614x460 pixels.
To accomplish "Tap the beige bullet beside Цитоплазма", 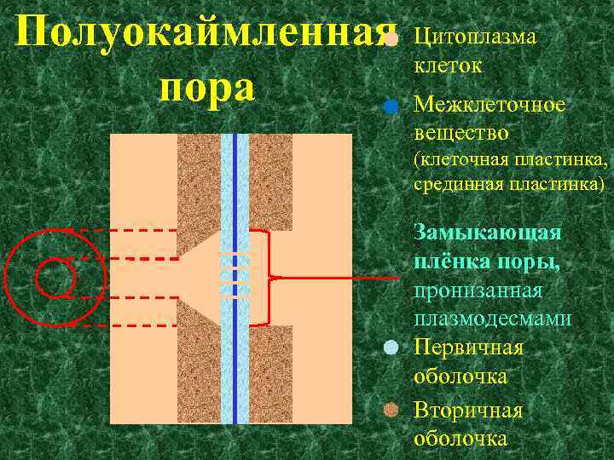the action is (390, 39).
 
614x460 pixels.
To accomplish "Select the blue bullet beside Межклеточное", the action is (390, 107).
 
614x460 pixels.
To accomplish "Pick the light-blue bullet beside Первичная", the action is (391, 347).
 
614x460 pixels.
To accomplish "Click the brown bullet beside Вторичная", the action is (391, 410).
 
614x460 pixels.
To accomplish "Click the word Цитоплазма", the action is (474, 37).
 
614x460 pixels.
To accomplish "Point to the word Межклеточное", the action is (489, 105).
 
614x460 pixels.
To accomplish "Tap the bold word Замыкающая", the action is (487, 232).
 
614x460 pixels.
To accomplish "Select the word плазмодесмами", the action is (492, 319).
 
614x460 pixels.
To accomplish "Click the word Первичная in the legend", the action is (468, 347).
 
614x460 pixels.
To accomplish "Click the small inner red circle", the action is (55, 278).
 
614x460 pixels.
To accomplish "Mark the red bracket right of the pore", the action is (269, 278).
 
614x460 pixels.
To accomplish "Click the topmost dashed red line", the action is (119, 231).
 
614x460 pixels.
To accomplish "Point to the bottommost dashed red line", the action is (119, 325).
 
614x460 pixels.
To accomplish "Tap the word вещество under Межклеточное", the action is (460, 133).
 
